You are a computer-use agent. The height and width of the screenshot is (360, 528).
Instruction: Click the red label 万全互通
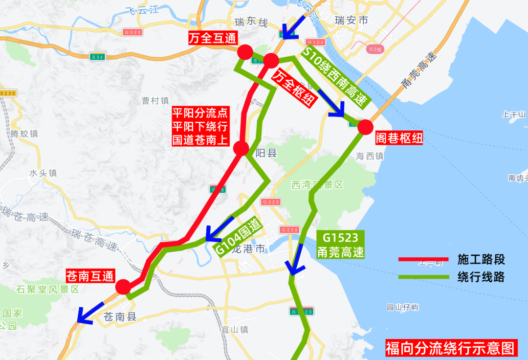pos(213,39)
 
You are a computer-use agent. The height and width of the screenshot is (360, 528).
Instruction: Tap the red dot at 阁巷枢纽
pos(365,127)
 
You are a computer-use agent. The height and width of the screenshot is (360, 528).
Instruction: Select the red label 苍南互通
pos(89,276)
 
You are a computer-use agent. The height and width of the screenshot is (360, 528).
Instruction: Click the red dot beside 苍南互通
pos(122,287)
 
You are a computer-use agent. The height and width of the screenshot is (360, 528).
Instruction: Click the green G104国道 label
pos(240,236)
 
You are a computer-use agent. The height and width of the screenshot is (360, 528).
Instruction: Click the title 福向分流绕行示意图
pos(450,348)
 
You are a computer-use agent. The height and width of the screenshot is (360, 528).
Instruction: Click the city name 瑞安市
pos(351,20)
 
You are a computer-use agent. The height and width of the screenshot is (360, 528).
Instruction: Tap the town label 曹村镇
pos(155,101)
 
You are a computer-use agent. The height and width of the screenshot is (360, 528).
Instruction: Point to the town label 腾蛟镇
pos(24,134)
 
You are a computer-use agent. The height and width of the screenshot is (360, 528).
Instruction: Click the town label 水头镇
pos(43,173)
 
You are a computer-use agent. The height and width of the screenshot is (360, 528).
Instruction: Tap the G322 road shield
pos(133,32)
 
